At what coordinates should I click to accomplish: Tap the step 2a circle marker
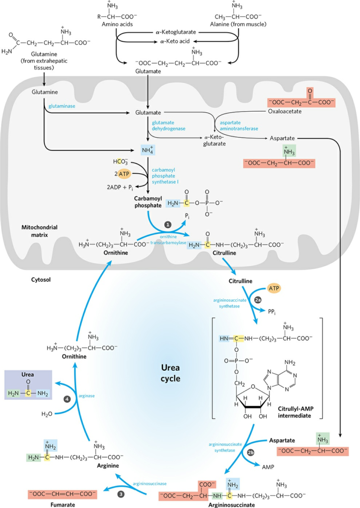point(258,300)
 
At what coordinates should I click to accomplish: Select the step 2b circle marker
point(250,453)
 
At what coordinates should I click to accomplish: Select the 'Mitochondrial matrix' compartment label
point(39,231)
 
